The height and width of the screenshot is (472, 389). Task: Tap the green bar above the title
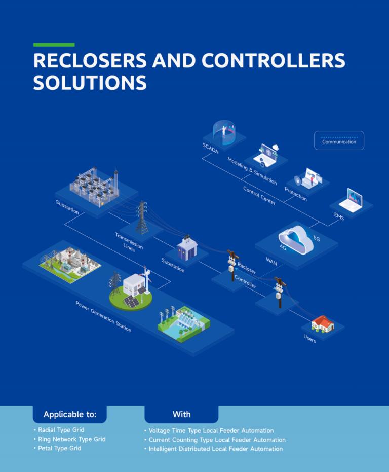54,45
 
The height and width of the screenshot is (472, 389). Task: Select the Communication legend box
339,140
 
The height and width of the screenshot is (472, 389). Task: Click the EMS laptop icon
351,200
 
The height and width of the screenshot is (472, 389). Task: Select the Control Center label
259,196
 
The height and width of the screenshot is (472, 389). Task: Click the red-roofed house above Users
323,322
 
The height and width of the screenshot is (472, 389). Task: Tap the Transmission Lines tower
142,218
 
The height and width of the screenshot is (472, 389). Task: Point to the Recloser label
247,268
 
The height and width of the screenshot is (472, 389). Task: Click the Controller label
245,281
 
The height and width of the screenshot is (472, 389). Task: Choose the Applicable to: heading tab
70,414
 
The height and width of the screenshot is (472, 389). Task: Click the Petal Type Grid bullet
59,448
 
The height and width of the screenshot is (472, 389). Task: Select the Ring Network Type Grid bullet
71,439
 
